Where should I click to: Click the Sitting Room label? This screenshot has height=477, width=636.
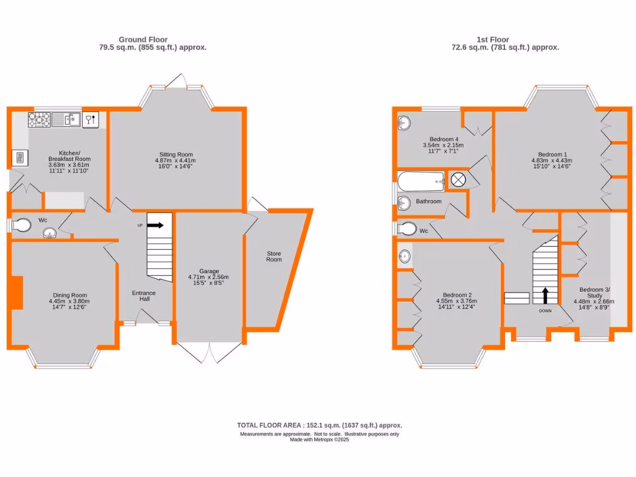coord(174,155)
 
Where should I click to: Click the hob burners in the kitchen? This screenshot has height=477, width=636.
coord(39,119)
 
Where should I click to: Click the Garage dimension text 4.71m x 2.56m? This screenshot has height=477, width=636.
coord(209,278)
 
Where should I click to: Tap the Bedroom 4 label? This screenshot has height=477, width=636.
coord(443,139)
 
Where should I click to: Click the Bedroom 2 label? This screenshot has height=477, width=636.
coord(458,295)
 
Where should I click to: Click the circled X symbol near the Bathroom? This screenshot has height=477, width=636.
coord(458,180)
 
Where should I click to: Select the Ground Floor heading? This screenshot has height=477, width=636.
coord(143,40)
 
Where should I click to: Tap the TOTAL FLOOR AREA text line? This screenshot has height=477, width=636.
coord(319,425)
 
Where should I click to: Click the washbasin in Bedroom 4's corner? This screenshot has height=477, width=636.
coord(405,122)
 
